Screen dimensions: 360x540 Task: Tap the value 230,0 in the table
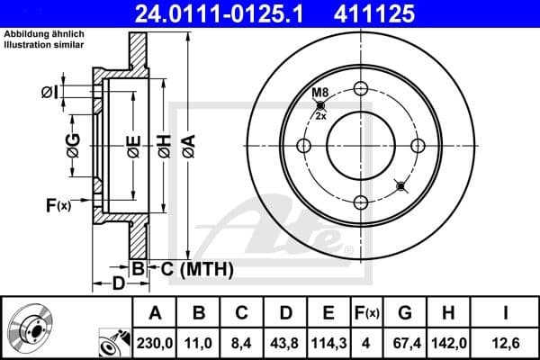[x=155, y=342]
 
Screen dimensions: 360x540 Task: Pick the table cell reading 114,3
[x=328, y=342]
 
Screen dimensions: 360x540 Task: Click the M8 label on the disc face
[x=319, y=94]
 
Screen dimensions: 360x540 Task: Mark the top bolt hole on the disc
[x=361, y=88]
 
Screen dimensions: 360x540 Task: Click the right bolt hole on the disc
[x=417, y=145]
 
